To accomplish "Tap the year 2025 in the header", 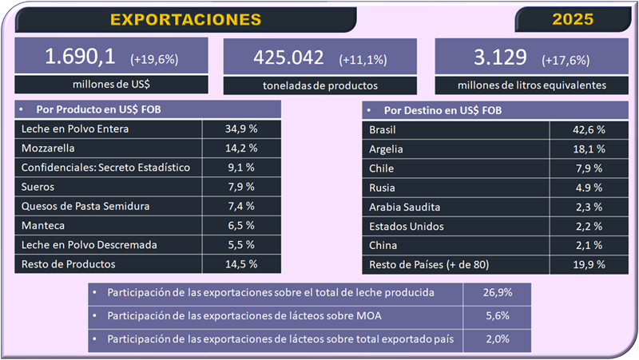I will click(x=574, y=19).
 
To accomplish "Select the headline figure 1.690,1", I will click(x=81, y=57).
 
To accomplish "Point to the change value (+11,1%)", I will click(x=364, y=59).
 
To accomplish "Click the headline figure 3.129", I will click(x=500, y=57).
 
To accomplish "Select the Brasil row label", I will click(x=383, y=129).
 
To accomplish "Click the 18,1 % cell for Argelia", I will click(x=588, y=148).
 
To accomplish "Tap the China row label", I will click(x=383, y=245).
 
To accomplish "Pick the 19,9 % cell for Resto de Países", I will click(x=588, y=264).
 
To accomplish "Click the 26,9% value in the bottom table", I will click(x=497, y=292).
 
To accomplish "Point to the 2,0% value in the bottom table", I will click(x=497, y=338).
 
